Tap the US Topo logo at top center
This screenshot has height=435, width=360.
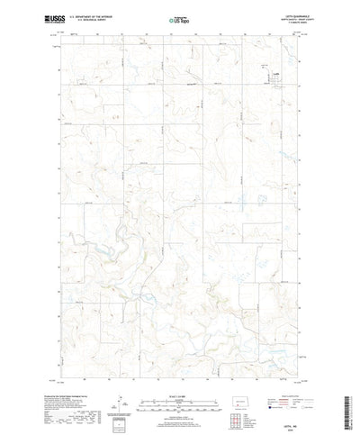coord(179,18)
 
